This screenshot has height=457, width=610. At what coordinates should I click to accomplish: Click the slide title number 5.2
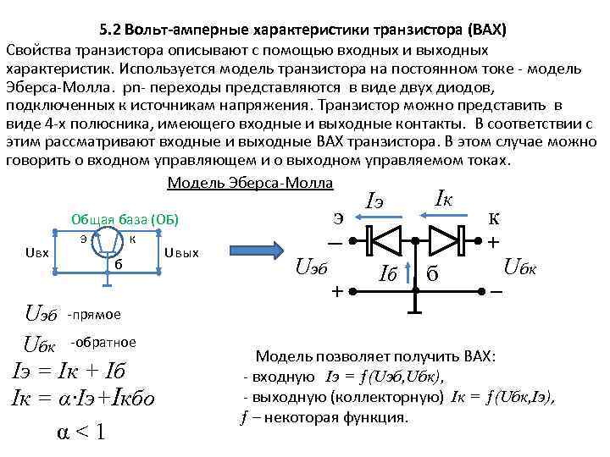click(x=109, y=31)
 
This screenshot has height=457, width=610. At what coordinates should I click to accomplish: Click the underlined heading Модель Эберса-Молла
click(x=251, y=184)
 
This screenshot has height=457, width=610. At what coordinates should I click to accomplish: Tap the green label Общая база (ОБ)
click(x=125, y=217)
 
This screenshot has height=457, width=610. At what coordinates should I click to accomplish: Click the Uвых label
click(x=181, y=251)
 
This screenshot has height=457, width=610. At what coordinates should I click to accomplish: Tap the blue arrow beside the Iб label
click(x=410, y=272)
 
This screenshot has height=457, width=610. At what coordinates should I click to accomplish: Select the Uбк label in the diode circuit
click(x=525, y=268)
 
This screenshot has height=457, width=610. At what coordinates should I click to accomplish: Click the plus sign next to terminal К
click(x=491, y=242)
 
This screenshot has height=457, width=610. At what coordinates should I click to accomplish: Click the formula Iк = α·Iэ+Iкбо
click(x=81, y=397)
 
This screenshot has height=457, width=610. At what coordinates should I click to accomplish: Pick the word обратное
click(x=104, y=342)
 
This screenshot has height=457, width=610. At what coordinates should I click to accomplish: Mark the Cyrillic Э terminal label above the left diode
click(x=338, y=217)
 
